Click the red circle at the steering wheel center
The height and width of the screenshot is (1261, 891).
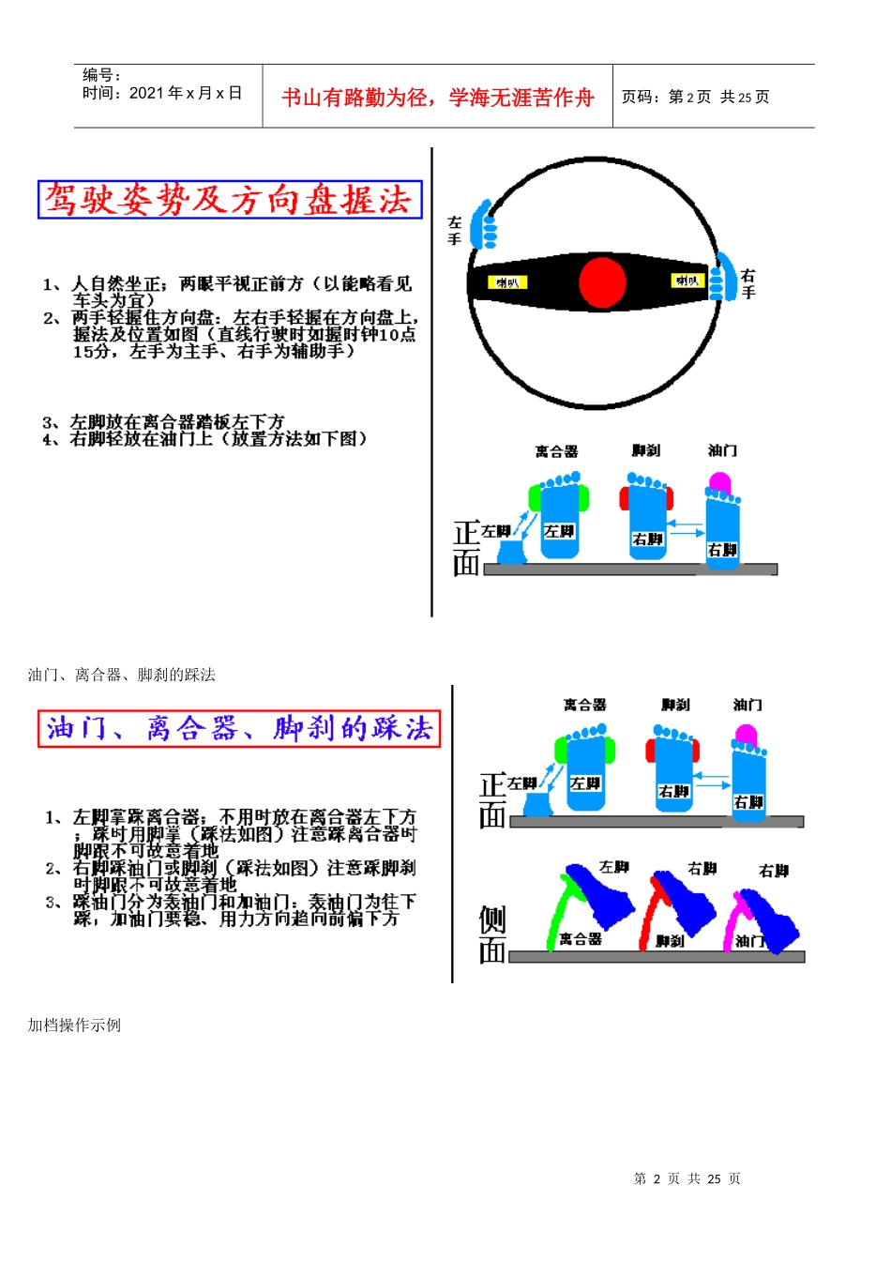[x=602, y=281]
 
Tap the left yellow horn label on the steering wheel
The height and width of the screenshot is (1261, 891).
[x=507, y=282]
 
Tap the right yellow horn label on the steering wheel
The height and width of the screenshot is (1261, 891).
[x=687, y=281]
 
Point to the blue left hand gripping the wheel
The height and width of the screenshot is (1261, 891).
[x=486, y=224]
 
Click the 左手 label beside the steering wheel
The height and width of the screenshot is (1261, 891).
[x=455, y=231]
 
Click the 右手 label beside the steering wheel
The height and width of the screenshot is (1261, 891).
[x=748, y=283]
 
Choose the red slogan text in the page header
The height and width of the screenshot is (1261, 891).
[x=437, y=98]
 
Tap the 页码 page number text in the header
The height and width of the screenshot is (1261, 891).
[x=695, y=97]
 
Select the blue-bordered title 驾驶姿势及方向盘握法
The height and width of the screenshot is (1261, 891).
[x=230, y=200]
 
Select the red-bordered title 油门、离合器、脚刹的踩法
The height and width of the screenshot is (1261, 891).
[x=239, y=729]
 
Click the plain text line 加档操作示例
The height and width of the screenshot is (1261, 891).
[x=74, y=1025]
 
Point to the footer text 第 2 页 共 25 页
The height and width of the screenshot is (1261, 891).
[x=687, y=1178]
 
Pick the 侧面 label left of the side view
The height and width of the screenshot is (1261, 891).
[x=492, y=934]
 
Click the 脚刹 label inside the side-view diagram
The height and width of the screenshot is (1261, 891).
[x=670, y=941]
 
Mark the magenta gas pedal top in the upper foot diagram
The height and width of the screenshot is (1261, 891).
[x=719, y=482]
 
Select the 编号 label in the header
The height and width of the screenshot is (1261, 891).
[x=101, y=74]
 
